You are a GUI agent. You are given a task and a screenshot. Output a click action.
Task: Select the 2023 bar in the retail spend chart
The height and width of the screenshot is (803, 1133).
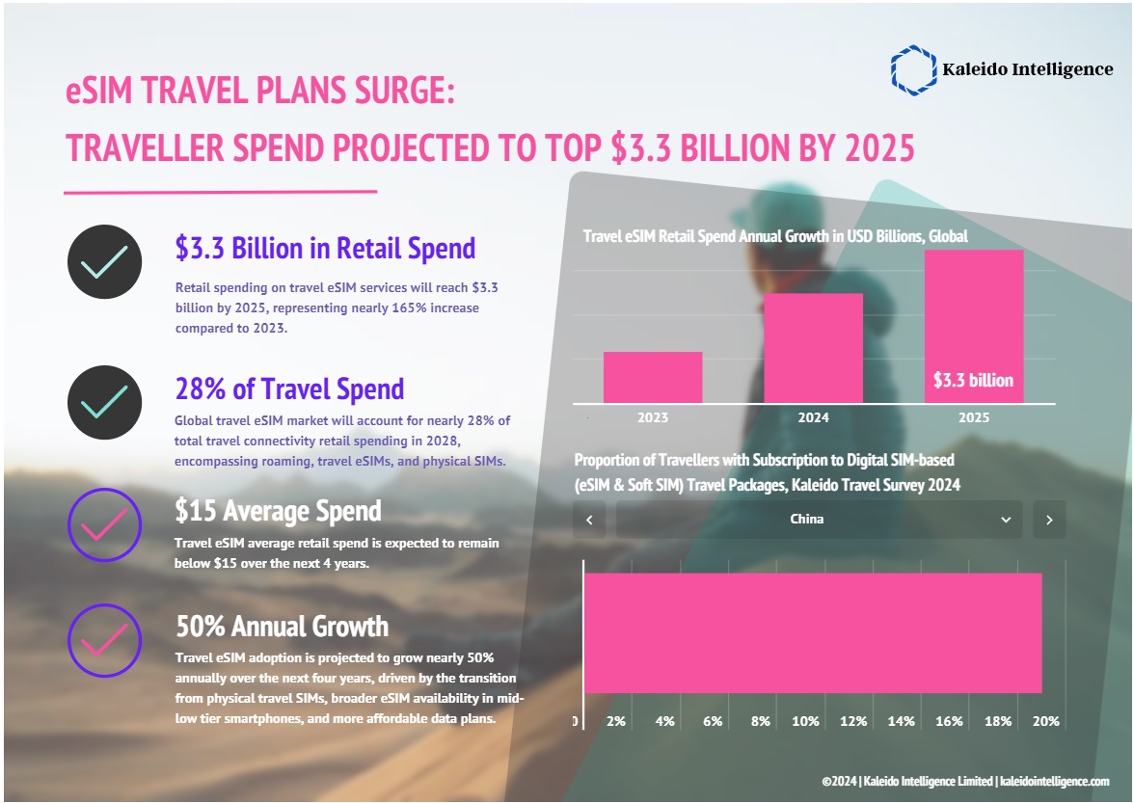(653, 377)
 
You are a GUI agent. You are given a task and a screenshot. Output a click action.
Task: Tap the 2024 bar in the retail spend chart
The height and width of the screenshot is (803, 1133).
(813, 348)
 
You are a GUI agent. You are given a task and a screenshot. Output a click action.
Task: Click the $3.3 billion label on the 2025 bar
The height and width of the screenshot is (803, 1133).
(973, 380)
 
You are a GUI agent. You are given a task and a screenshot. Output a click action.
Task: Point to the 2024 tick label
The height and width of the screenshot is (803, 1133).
(813, 418)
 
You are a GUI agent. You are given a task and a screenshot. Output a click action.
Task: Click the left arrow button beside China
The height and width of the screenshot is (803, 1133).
(589, 520)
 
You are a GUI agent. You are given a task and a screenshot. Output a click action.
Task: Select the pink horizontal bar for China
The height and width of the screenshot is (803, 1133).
(812, 632)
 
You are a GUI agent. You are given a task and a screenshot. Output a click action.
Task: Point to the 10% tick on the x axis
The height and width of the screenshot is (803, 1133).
(805, 721)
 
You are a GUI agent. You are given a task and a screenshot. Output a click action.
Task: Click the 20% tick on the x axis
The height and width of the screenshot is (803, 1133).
(1046, 721)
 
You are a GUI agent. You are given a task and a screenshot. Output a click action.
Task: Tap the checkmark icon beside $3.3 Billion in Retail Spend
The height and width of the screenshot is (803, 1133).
(104, 261)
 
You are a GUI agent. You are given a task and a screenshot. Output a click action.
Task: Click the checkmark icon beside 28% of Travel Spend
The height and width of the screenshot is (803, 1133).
(104, 403)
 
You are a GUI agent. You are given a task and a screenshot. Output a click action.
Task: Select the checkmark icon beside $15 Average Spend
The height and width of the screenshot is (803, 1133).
(104, 525)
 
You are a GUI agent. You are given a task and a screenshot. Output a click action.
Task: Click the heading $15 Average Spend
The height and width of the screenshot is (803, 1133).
(278, 510)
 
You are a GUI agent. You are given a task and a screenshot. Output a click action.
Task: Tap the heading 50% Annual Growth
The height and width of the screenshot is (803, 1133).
(282, 627)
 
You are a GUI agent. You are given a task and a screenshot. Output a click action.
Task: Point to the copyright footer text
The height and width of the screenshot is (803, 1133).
(965, 781)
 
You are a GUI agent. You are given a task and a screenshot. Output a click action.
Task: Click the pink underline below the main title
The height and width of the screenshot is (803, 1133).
(220, 192)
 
